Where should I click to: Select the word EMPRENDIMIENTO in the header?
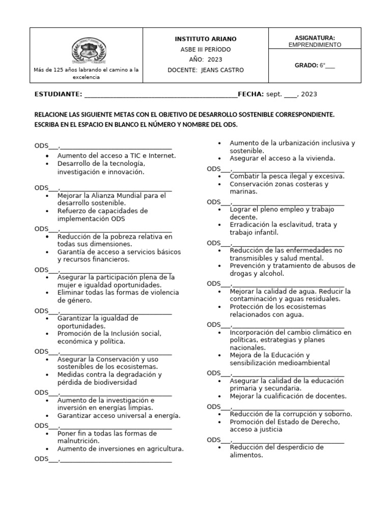(315, 45)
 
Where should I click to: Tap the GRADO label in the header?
(306, 65)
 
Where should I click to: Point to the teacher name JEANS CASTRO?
(222, 70)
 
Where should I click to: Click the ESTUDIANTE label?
(58, 94)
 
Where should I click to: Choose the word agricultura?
(162, 449)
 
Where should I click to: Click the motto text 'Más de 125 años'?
(57, 70)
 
